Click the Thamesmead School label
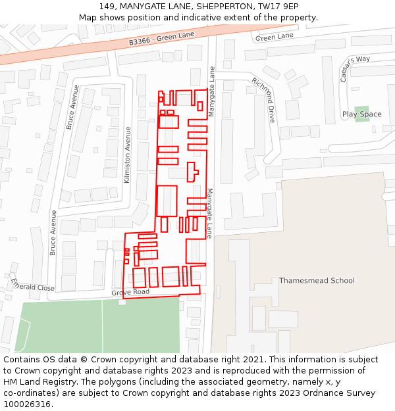click(317, 281)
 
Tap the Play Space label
click(361, 114)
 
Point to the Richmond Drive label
click(263, 100)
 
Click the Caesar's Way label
click(355, 68)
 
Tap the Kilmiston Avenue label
click(128, 155)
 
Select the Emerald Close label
click(32, 284)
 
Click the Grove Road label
click(130, 291)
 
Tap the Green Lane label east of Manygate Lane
click(274, 37)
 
